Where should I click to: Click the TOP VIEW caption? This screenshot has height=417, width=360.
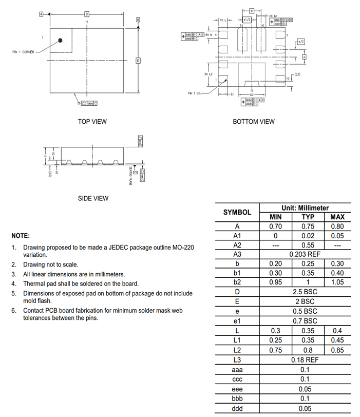point(92,122)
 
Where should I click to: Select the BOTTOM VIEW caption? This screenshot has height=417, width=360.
point(254,122)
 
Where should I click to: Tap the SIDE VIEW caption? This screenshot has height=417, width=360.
point(93,198)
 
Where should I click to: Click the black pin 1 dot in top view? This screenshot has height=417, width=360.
point(61,40)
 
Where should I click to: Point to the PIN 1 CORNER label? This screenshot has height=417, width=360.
point(23,52)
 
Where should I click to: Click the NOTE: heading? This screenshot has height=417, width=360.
point(21,236)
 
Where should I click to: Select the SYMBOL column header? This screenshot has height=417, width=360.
point(237,212)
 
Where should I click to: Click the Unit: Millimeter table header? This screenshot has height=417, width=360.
point(305,207)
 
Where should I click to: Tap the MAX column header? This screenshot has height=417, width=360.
point(337,217)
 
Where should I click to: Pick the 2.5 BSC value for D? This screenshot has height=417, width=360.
point(305,292)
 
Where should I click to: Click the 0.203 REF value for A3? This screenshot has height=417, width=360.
point(305,254)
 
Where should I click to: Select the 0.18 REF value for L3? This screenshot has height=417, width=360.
point(305,360)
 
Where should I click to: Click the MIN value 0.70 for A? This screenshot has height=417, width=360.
point(275,226)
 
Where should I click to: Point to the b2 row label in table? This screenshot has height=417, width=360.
point(237,282)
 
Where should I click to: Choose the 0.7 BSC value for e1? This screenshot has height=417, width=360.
point(305,321)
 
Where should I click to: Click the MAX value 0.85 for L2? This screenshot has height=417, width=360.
point(337,350)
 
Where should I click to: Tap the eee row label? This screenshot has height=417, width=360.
point(237,389)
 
